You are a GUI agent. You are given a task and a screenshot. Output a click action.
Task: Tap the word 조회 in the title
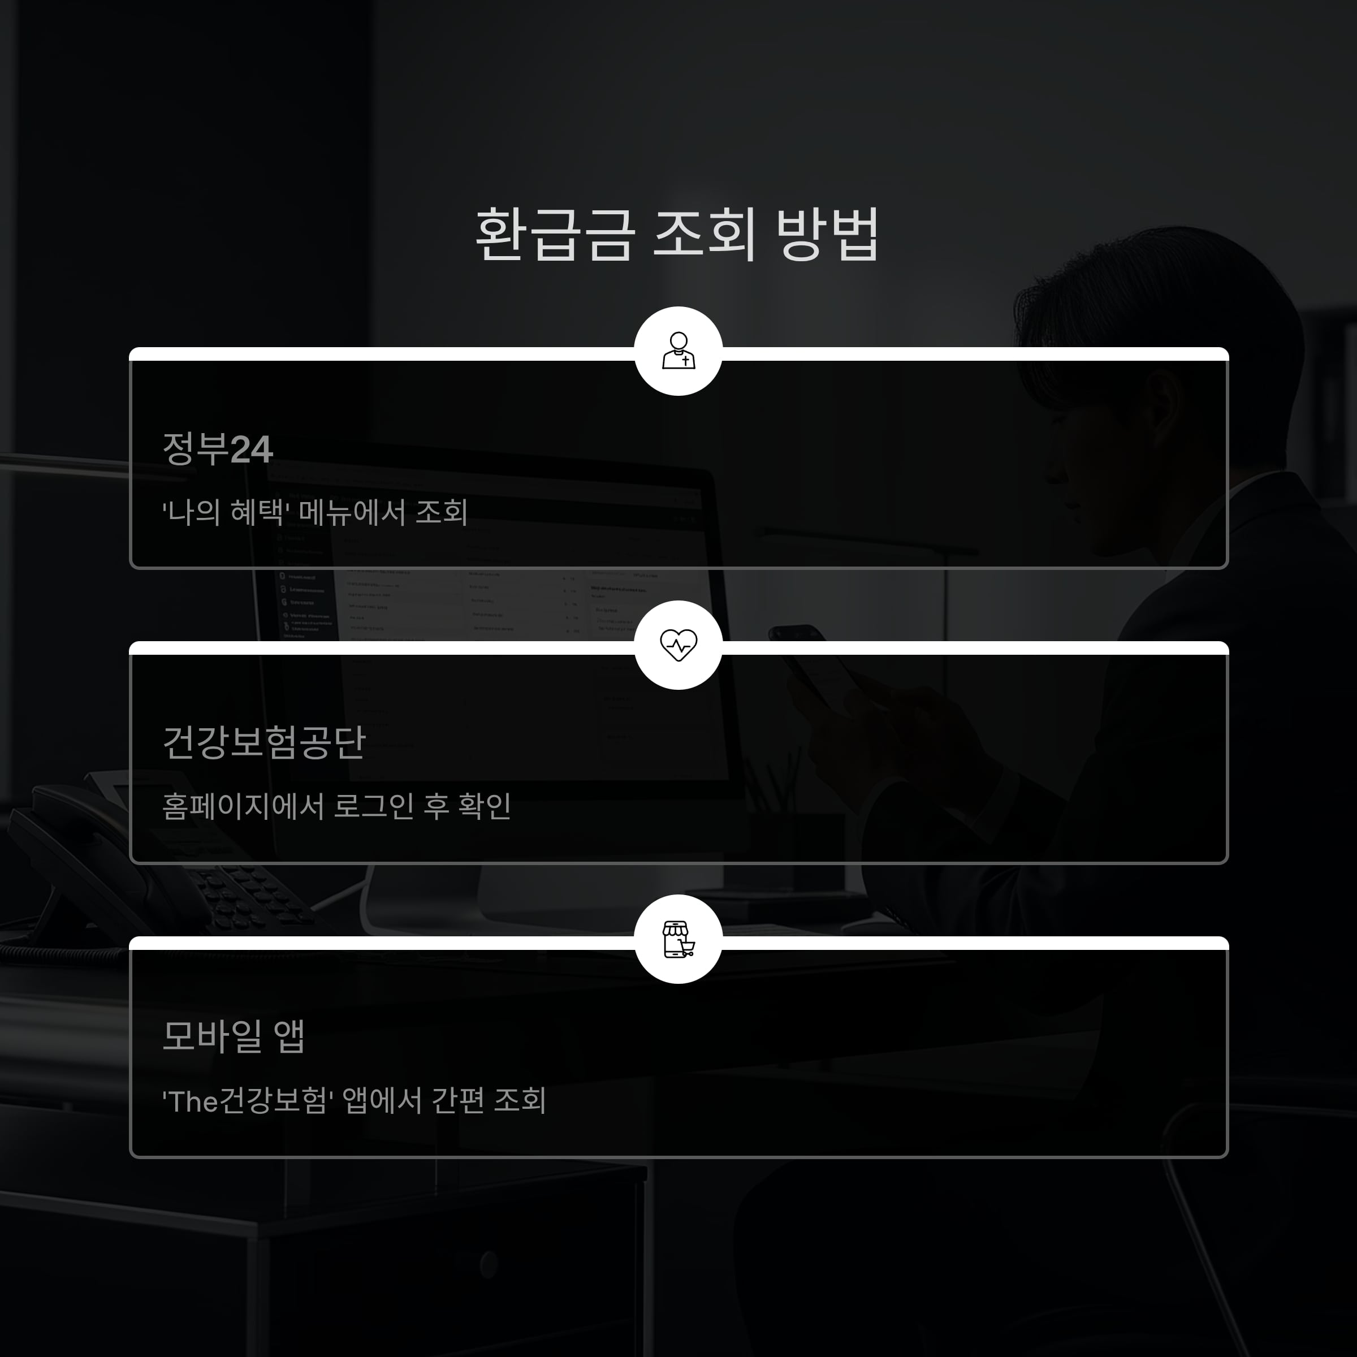coord(705,235)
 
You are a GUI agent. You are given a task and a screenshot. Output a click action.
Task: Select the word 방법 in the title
coord(827,235)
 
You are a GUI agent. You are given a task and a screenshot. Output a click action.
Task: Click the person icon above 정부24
coord(678,351)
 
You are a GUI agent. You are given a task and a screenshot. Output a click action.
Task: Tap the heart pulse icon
coord(678,645)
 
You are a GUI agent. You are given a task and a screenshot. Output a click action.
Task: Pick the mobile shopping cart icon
coord(678,939)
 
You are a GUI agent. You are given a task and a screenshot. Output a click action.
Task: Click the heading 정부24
coord(217,449)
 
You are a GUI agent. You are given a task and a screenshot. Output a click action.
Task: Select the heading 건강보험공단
coord(264,742)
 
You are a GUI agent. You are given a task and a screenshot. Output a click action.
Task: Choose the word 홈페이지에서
coord(243,806)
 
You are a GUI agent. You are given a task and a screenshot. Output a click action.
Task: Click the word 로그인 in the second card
coord(374,806)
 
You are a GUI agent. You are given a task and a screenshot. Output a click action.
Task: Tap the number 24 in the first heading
coord(252,450)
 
